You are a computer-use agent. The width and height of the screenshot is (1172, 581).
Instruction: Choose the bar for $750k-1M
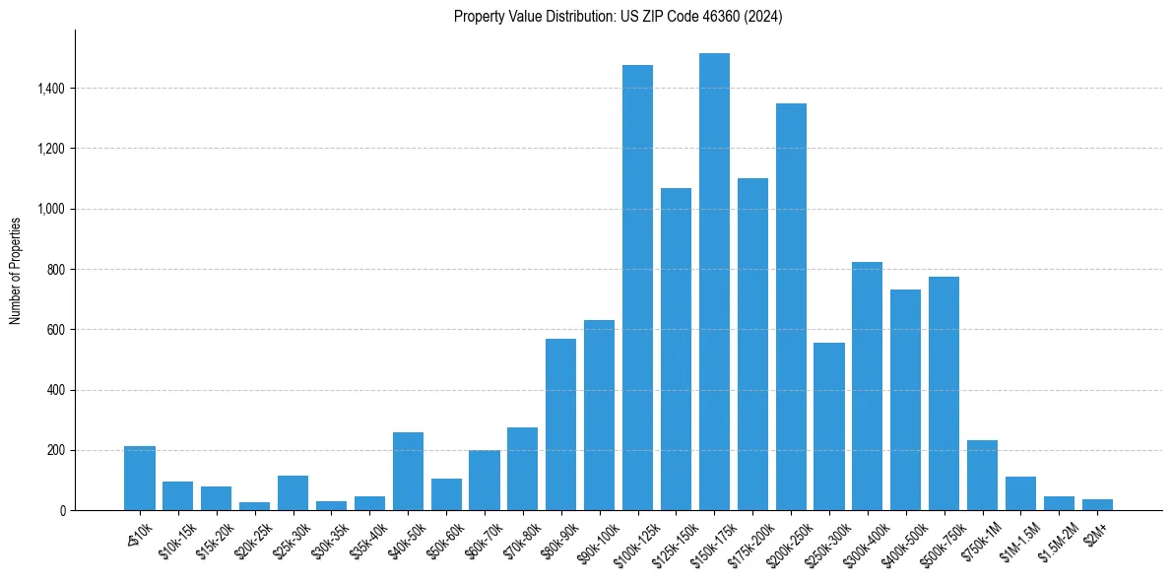point(982,475)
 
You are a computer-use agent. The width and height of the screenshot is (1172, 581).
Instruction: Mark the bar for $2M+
point(1097,504)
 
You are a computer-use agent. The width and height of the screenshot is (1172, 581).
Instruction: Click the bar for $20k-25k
point(254,506)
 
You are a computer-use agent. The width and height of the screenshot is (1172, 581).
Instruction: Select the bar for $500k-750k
point(944,393)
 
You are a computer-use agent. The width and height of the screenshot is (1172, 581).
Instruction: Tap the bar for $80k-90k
point(560,424)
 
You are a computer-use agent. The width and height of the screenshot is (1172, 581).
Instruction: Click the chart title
point(618,17)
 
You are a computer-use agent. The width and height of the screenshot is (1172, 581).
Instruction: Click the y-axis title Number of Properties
point(16,270)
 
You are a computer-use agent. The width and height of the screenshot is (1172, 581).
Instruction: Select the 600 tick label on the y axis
point(55,330)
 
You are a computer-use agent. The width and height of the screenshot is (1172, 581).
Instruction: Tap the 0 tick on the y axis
point(62,510)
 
